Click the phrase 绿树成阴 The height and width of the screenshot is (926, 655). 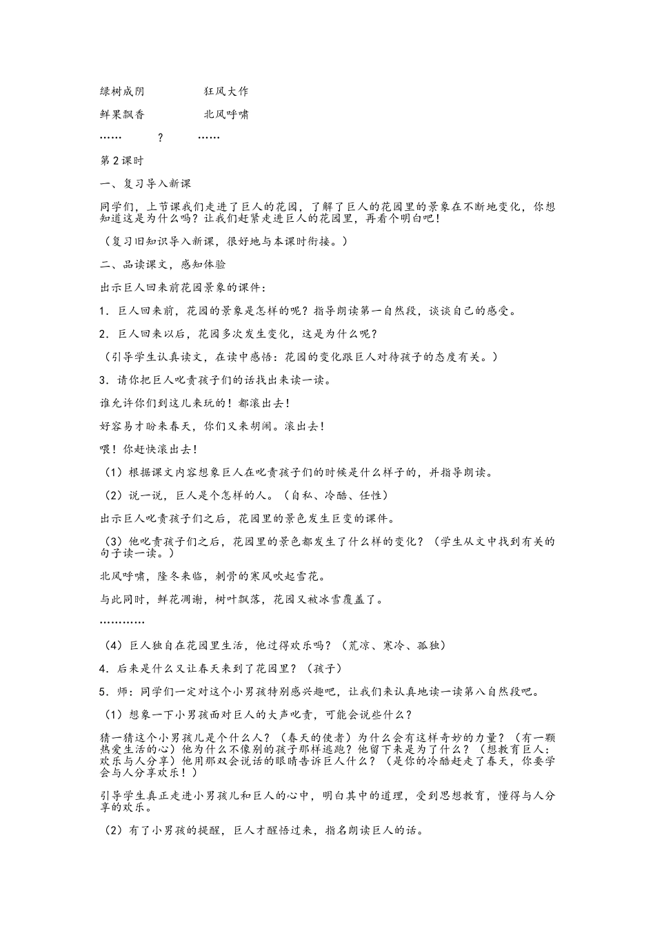pyautogui.click(x=122, y=91)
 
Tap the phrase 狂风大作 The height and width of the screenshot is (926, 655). pyautogui.click(x=226, y=91)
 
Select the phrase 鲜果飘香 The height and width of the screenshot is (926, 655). pyautogui.click(x=122, y=114)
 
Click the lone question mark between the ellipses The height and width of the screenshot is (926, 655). pyautogui.click(x=161, y=138)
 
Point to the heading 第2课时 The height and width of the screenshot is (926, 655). pyautogui.click(x=122, y=161)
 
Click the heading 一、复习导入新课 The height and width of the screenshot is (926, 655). pyautogui.click(x=145, y=184)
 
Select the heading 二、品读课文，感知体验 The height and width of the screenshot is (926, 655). pyautogui.click(x=163, y=265)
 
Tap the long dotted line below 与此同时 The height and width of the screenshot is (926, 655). pyautogui.click(x=122, y=623)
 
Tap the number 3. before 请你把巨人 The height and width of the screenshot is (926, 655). pyautogui.click(x=105, y=380)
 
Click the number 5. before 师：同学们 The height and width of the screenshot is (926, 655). pyautogui.click(x=105, y=692)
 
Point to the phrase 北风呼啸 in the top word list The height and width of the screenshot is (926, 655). pyautogui.click(x=226, y=114)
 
